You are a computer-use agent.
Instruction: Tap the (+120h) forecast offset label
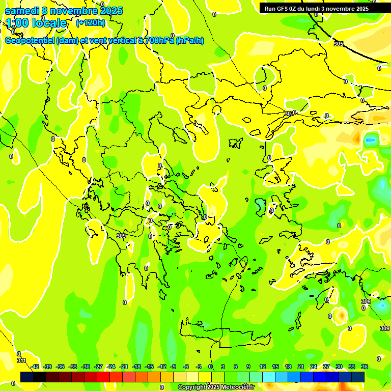point(90,22)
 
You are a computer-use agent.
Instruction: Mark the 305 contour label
point(339,44)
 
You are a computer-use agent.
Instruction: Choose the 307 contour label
point(289,114)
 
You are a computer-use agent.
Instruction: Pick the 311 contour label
point(21,360)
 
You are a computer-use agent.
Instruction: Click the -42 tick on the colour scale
point(35,367)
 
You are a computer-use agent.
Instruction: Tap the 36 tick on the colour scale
point(365,367)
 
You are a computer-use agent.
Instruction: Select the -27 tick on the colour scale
point(98,367)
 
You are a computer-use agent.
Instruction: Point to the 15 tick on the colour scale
point(275,367)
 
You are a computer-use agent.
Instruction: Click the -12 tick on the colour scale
point(162,367)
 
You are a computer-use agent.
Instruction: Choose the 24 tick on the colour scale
point(314,367)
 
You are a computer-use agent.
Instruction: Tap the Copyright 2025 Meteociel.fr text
point(216,387)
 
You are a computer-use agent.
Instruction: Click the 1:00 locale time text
point(37,23)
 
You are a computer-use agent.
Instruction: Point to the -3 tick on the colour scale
point(199,367)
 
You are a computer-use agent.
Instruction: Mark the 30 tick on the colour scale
point(339,367)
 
